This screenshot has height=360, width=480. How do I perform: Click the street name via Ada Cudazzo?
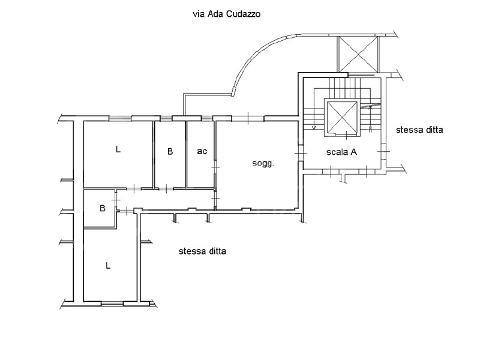tap(227, 14)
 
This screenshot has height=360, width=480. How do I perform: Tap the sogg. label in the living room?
tap(263, 163)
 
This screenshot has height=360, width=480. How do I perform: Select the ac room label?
tap(202, 151)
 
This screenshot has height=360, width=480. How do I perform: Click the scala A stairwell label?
tap(341, 152)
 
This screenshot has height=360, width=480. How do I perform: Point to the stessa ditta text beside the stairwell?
tap(419, 130)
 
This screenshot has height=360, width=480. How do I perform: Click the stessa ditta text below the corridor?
tap(202, 251)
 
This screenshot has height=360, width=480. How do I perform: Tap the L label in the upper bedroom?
tap(118, 149)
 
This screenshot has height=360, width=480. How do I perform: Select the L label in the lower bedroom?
tap(108, 265)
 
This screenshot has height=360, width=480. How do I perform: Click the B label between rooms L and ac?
tap(170, 151)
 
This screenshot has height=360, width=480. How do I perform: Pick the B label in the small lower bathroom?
tap(103, 208)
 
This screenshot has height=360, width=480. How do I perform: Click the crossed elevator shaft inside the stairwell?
tap(342, 118)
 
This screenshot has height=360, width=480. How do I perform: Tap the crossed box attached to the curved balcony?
tap(358, 55)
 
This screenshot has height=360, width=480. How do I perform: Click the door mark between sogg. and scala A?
tap(301, 152)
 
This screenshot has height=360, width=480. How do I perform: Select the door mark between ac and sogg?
tap(215, 167)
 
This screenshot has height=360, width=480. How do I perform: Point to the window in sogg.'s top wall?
tap(248, 118)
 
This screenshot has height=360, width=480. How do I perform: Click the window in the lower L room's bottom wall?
tap(112, 304)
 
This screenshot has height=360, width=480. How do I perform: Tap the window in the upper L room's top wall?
tap(121, 118)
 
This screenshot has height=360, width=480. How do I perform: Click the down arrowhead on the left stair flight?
tap(313, 127)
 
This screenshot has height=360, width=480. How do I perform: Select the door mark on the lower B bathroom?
tap(116, 200)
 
